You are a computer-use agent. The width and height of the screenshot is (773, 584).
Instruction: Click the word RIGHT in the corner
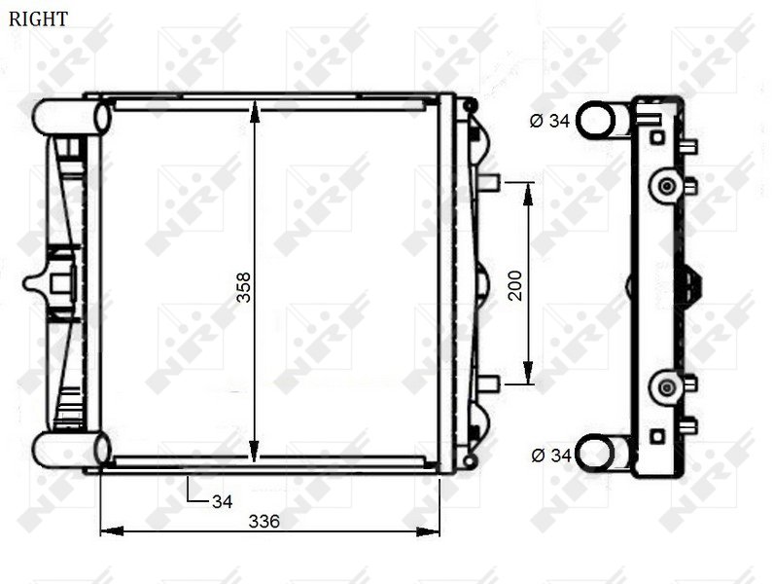pos(38,18)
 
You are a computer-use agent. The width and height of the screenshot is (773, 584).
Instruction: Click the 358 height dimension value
pos(243,287)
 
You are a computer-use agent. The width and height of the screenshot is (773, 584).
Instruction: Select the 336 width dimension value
pos(264,521)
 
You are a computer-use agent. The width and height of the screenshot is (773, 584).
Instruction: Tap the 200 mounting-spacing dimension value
pos(515,285)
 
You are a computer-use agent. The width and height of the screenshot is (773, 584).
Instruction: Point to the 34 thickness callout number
pos(222,501)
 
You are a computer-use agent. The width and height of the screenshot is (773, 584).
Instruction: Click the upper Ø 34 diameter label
pos(549,121)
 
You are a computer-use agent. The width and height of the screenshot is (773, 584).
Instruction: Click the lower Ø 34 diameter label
pos(551,456)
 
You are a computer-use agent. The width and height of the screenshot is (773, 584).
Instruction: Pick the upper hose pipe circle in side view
pos(595,119)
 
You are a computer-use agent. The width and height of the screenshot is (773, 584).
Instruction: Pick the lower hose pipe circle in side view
pos(594,453)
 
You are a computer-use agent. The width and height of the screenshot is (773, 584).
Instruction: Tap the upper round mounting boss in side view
pos(667,186)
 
